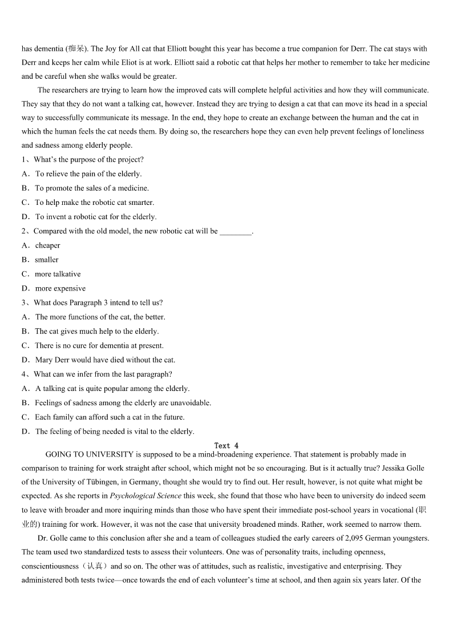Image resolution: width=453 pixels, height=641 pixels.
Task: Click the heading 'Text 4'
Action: (x=226, y=446)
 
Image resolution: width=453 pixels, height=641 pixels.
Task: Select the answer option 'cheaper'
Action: (x=47, y=245)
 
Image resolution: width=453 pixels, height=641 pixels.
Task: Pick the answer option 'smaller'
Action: (x=47, y=260)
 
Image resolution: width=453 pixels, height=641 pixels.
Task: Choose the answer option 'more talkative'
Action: (x=58, y=274)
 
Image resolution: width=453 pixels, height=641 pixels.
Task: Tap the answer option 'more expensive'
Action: (x=60, y=288)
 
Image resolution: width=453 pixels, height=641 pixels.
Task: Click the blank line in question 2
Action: (x=235, y=232)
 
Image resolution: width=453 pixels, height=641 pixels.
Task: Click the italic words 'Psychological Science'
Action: (x=145, y=496)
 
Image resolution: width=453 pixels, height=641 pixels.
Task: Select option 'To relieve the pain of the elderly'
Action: (x=88, y=174)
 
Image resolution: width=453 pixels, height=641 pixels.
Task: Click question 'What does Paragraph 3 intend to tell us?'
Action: (x=98, y=303)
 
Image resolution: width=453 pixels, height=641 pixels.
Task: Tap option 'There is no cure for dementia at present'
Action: (x=99, y=346)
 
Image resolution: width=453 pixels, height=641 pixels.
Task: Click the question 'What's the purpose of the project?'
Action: (x=88, y=160)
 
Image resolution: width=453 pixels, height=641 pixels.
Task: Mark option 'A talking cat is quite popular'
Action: (x=112, y=389)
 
